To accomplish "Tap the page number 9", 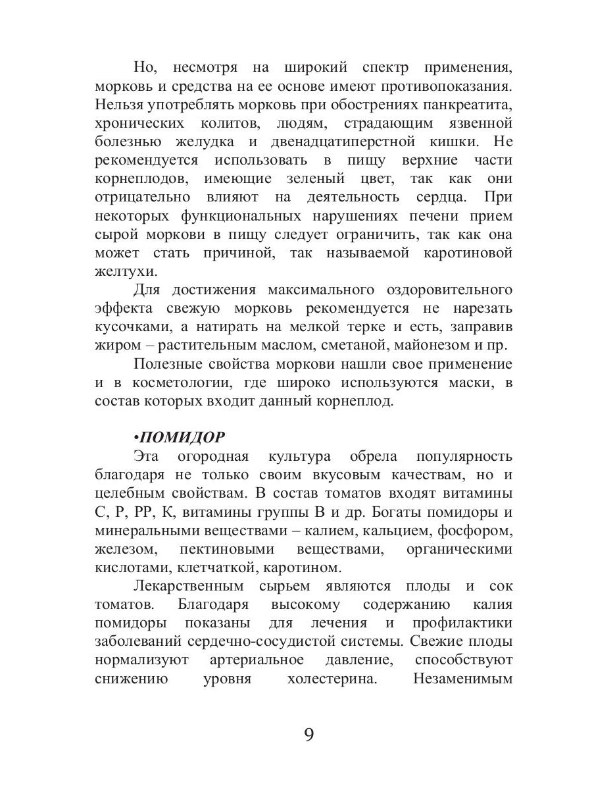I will (x=309, y=734).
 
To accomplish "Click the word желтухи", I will (x=126, y=271).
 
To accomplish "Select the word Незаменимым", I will (x=463, y=679).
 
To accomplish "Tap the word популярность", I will (x=464, y=456).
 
